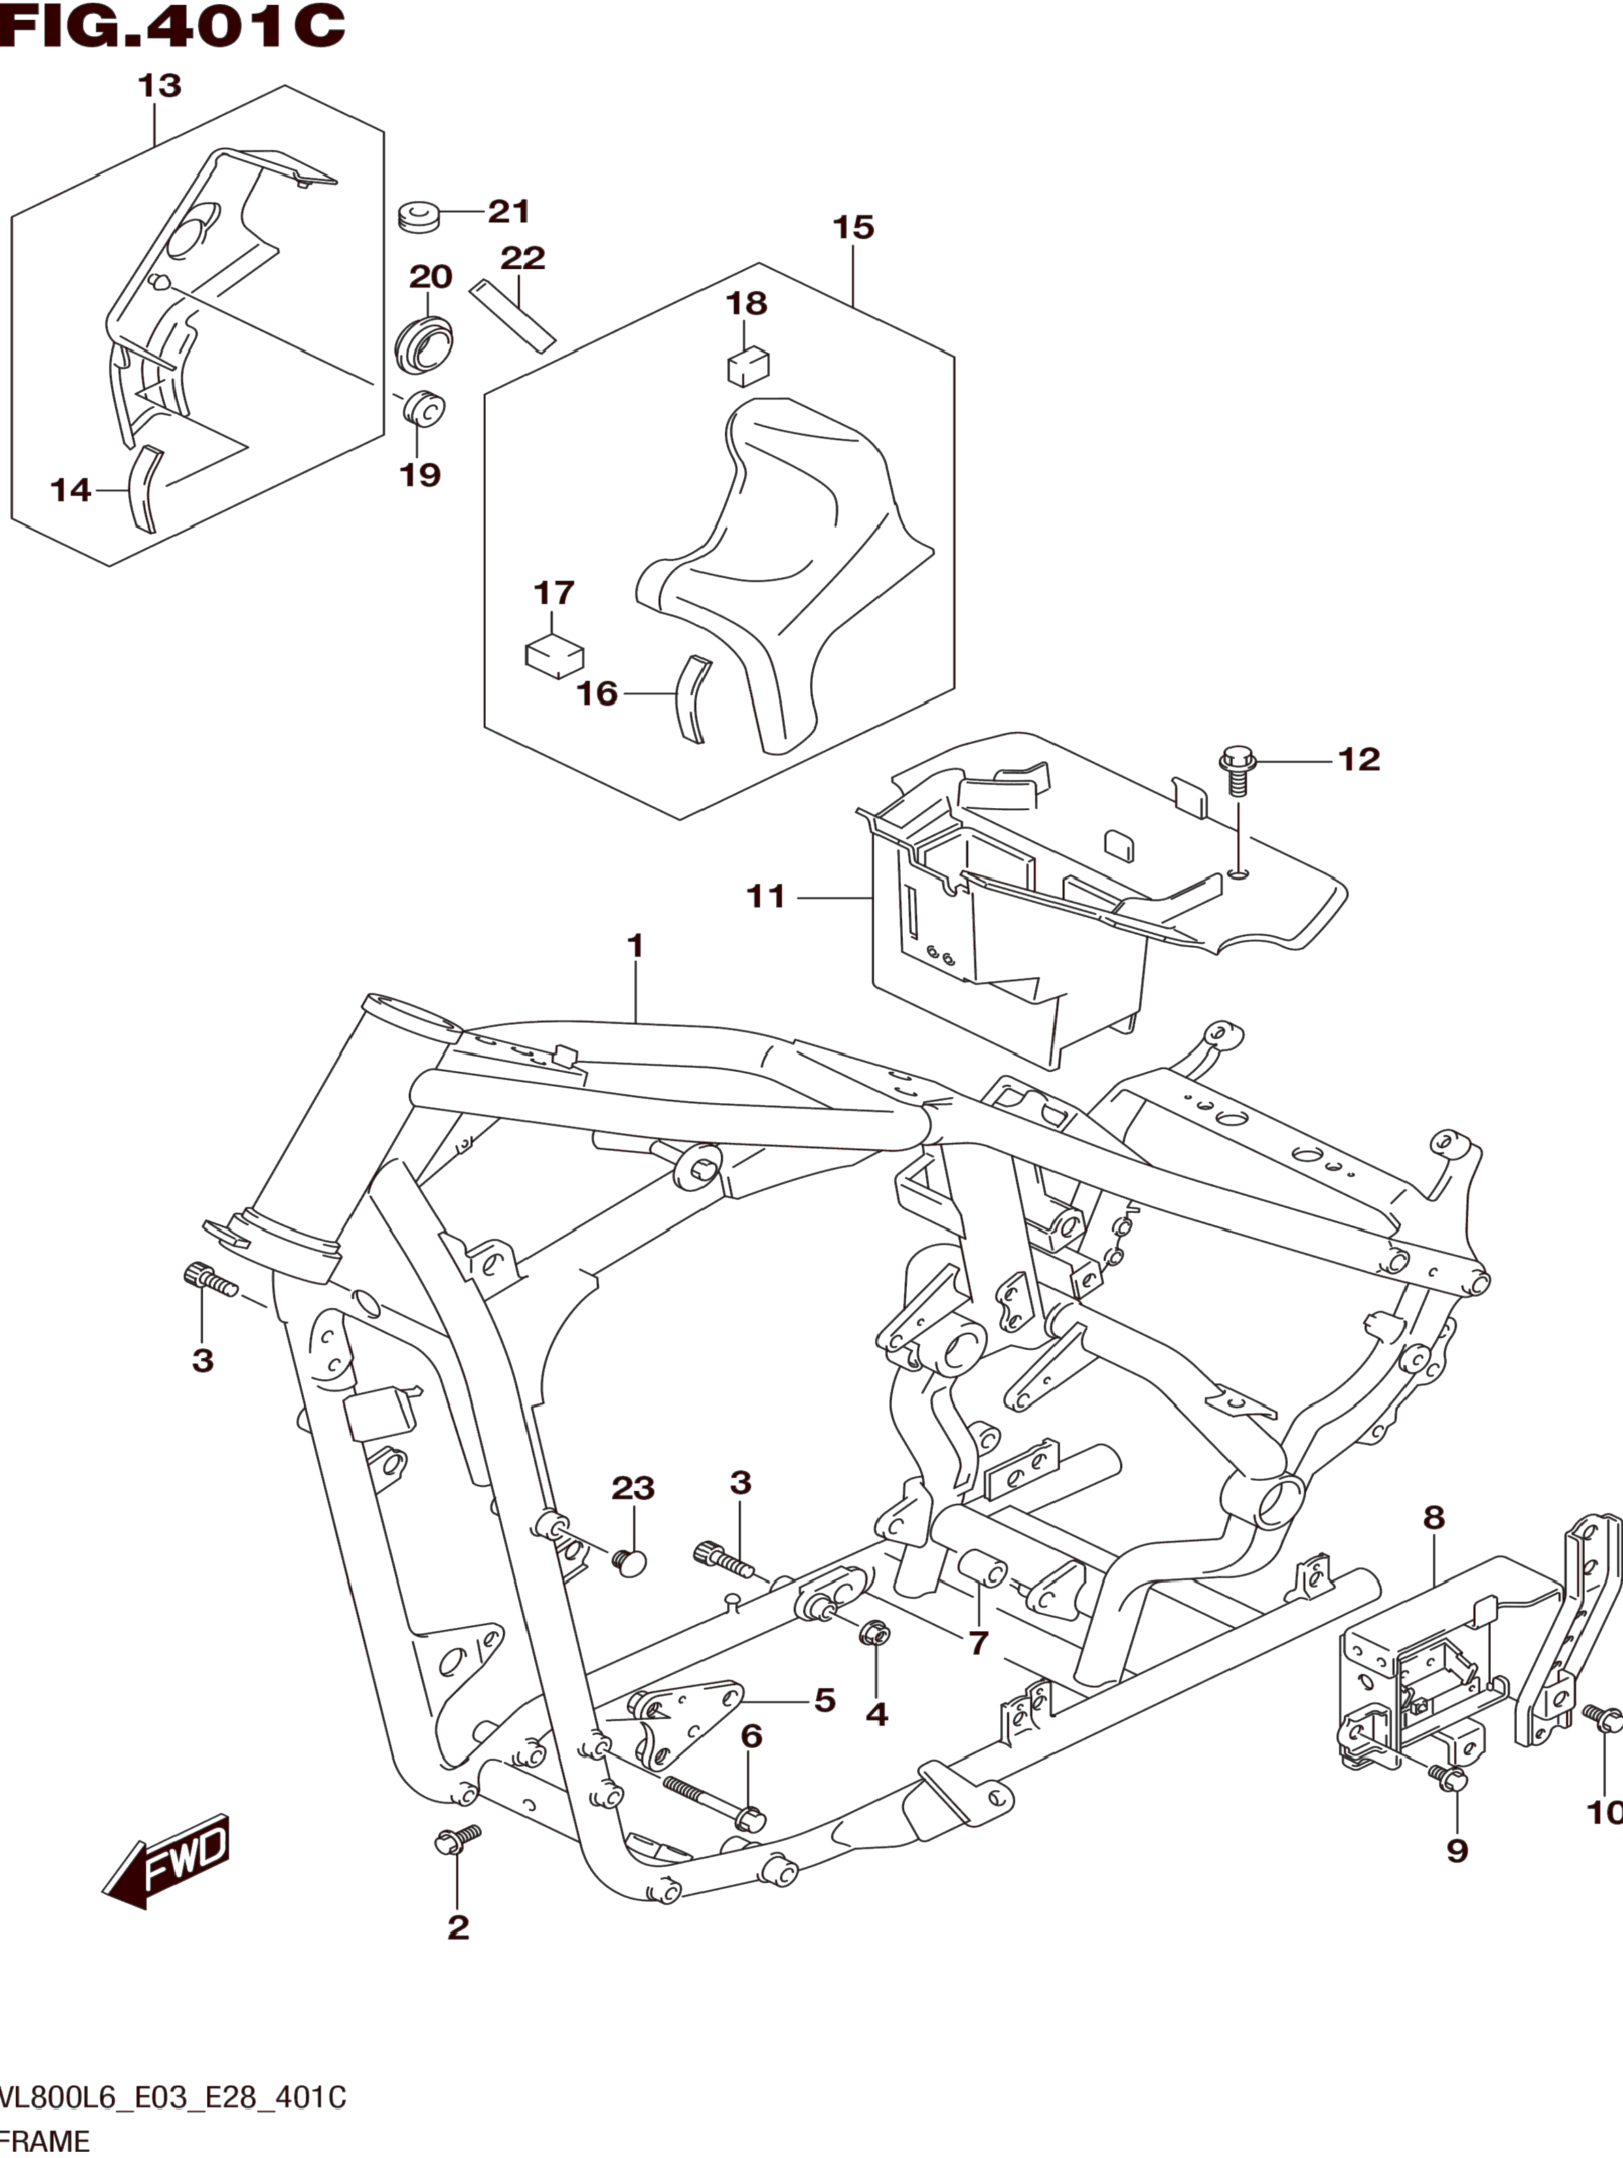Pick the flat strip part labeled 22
[x=512, y=315]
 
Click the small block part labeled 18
[x=748, y=367]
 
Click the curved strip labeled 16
[x=694, y=698]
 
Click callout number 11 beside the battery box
[x=766, y=895]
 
